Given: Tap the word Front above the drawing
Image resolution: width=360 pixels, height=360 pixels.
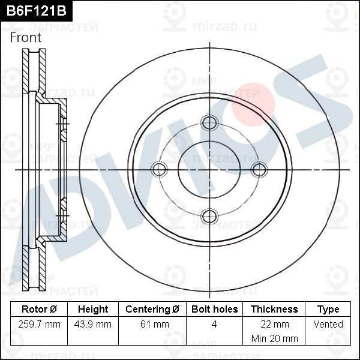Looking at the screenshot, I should click(x=26, y=37).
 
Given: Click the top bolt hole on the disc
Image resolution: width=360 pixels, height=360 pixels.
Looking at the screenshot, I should click(x=209, y=123).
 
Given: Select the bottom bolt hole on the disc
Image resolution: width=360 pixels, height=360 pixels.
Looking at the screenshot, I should click(x=209, y=216).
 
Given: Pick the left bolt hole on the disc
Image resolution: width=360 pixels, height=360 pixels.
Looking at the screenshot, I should click(x=160, y=170).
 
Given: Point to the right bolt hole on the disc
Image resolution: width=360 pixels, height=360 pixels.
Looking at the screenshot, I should click(x=259, y=170).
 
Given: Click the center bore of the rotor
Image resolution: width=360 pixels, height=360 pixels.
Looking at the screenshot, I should click(x=209, y=170).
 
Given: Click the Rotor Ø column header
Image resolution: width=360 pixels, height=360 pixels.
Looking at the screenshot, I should click(x=40, y=310).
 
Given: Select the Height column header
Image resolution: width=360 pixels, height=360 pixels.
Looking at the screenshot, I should click(x=93, y=310).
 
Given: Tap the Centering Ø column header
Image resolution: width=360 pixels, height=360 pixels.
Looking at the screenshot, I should click(x=152, y=310).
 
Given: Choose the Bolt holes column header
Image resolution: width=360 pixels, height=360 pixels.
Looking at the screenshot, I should click(x=214, y=310).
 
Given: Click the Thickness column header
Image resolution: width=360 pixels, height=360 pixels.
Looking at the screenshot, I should click(x=274, y=310).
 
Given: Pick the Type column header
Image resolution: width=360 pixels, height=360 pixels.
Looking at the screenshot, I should click(x=328, y=310).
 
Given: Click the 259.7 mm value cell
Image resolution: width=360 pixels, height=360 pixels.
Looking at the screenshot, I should click(x=40, y=325).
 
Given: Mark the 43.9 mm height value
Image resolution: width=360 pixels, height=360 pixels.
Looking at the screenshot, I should click(x=93, y=325).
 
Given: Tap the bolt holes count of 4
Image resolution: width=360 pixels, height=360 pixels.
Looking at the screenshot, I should click(x=214, y=325).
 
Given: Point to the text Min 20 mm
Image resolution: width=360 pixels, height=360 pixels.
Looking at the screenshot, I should click(x=274, y=338).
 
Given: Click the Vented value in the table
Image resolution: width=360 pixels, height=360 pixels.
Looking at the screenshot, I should click(x=328, y=325).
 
